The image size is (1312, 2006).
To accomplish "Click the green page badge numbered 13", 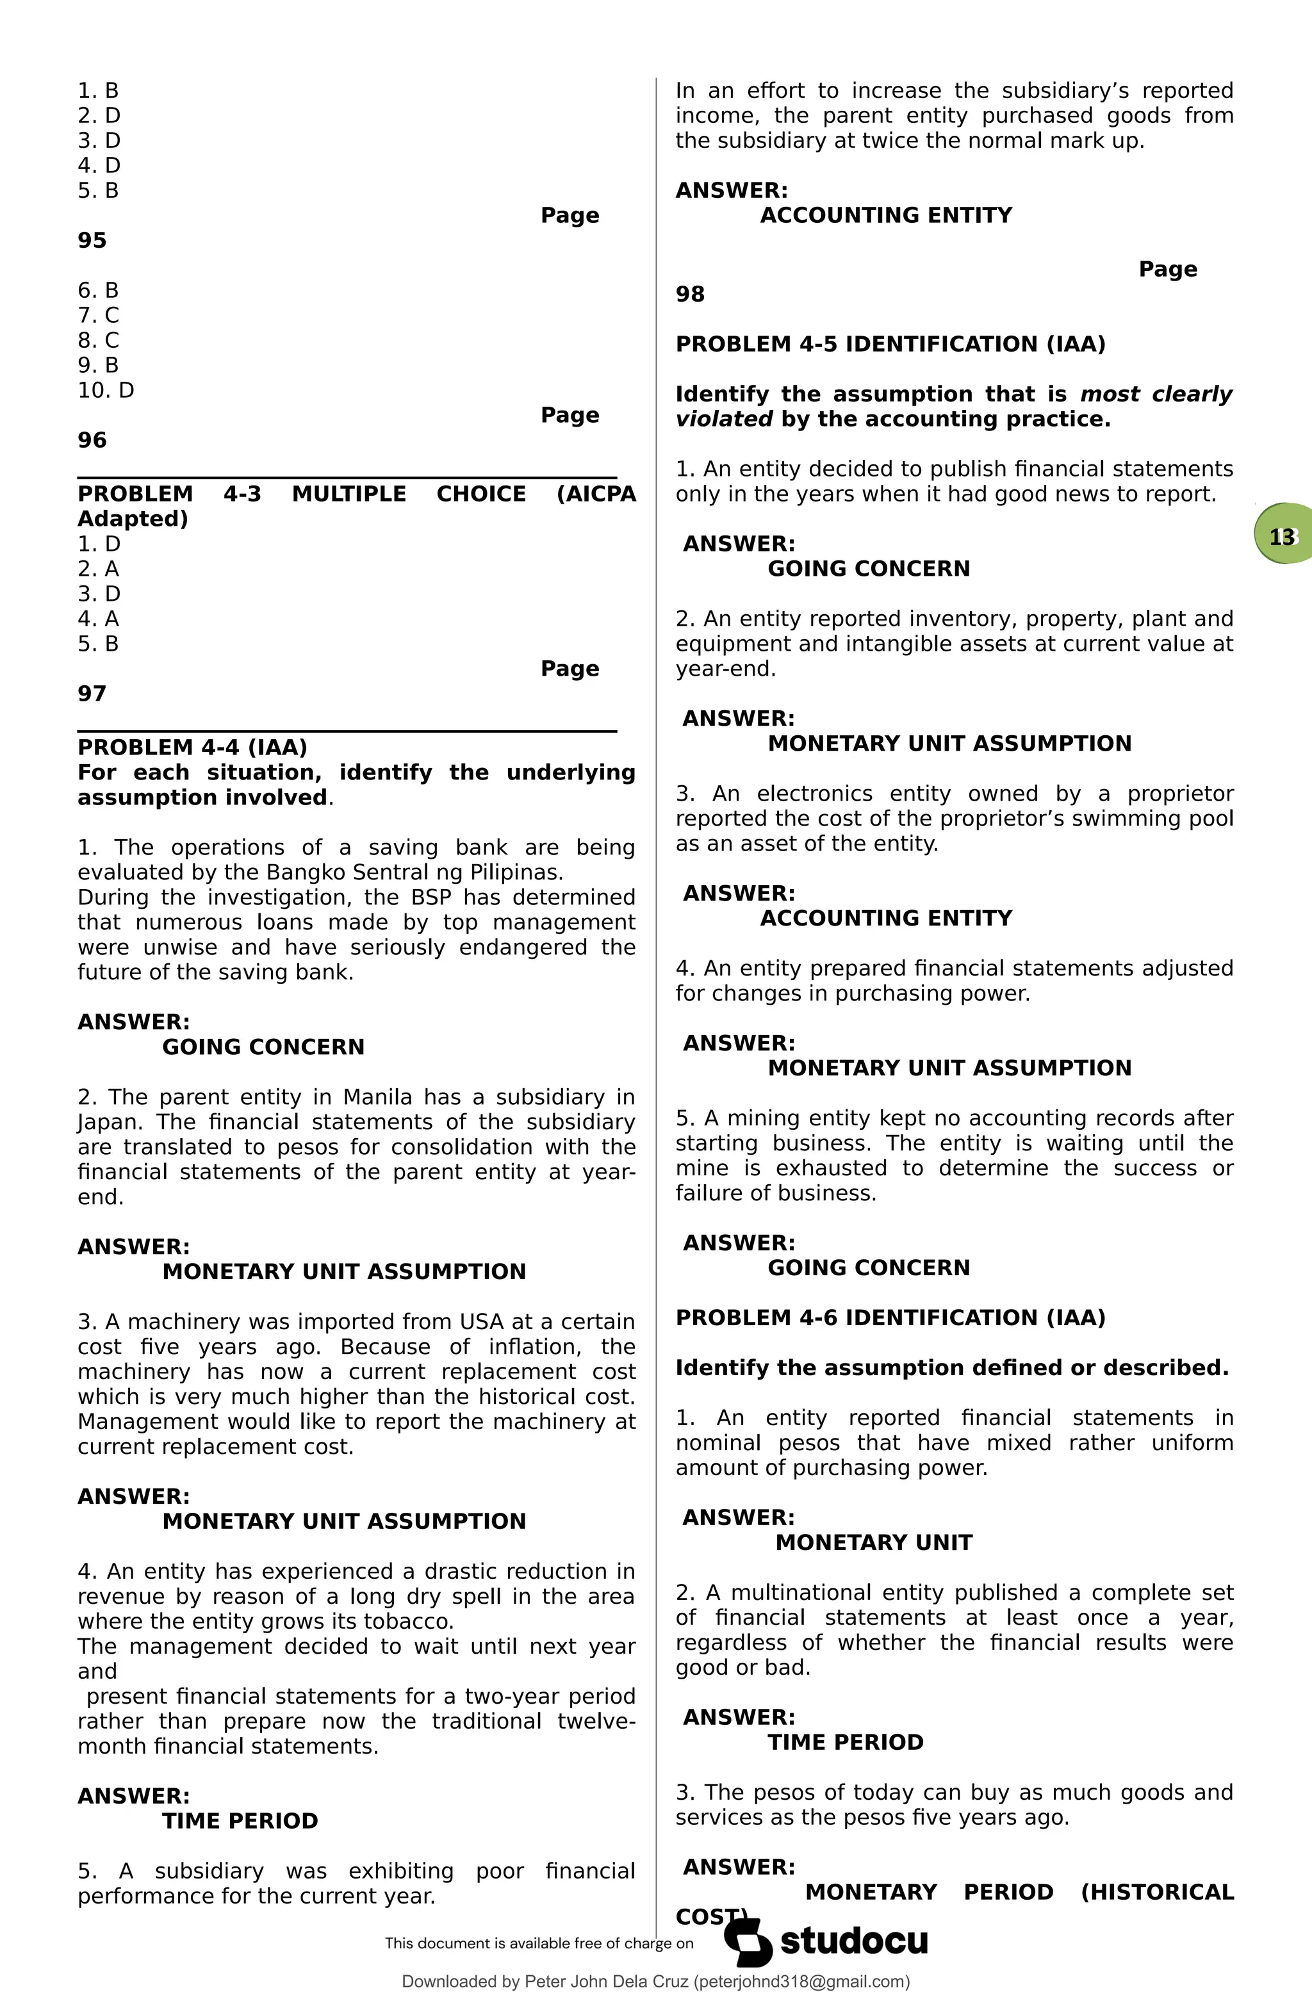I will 1283,537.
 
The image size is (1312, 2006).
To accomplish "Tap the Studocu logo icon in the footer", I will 747,1942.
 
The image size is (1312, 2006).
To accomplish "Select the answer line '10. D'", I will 106,390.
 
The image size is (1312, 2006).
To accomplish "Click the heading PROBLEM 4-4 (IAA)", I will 192,747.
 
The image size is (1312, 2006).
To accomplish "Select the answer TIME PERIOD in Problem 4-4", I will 240,1820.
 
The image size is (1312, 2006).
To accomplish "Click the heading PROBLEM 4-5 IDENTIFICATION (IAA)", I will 890,344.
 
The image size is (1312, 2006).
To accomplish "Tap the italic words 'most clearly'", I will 1155,394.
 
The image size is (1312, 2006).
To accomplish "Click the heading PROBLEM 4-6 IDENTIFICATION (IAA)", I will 890,1317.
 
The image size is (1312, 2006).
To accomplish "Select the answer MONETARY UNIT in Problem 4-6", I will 874,1542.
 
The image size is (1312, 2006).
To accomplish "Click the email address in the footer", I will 800,1982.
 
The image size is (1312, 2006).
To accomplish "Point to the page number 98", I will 690,294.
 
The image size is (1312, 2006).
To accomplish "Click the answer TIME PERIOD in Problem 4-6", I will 845,1742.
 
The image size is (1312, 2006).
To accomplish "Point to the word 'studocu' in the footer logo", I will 853,1941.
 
